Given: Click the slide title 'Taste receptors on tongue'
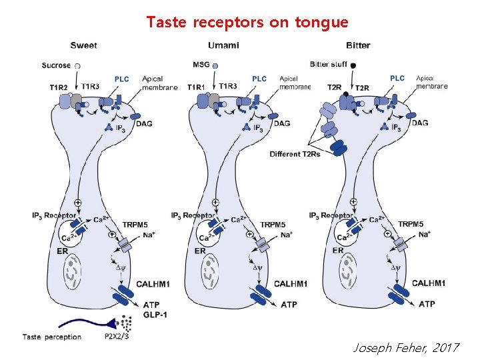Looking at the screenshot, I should [247, 22].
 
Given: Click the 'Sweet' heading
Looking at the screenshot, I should [84, 46].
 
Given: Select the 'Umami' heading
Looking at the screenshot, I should [224, 46].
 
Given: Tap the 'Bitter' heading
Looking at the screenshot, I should [358, 46].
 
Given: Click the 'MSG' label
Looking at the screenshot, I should [201, 65].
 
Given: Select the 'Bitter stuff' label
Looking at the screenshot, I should [328, 65].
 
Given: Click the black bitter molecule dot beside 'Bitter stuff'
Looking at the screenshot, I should [353, 65].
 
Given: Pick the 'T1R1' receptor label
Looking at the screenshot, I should [196, 87].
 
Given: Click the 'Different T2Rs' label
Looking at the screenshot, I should [295, 155].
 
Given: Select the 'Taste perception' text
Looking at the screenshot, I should [52, 337].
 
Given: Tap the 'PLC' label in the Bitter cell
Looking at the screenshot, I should [397, 78].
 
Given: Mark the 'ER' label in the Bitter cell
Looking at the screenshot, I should [337, 251].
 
